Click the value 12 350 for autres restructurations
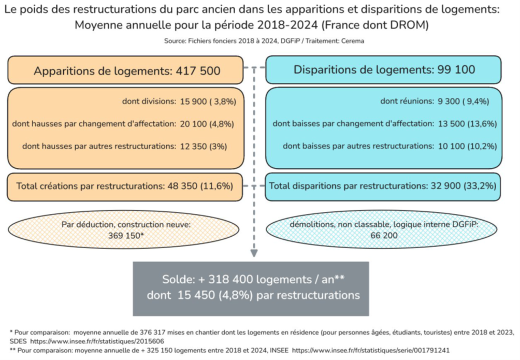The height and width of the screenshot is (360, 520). pos(192,147)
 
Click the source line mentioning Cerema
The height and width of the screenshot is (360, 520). pos(260,41)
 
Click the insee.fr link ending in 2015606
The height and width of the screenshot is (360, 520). pos(97,341)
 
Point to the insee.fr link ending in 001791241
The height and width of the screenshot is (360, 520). pos(371,351)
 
